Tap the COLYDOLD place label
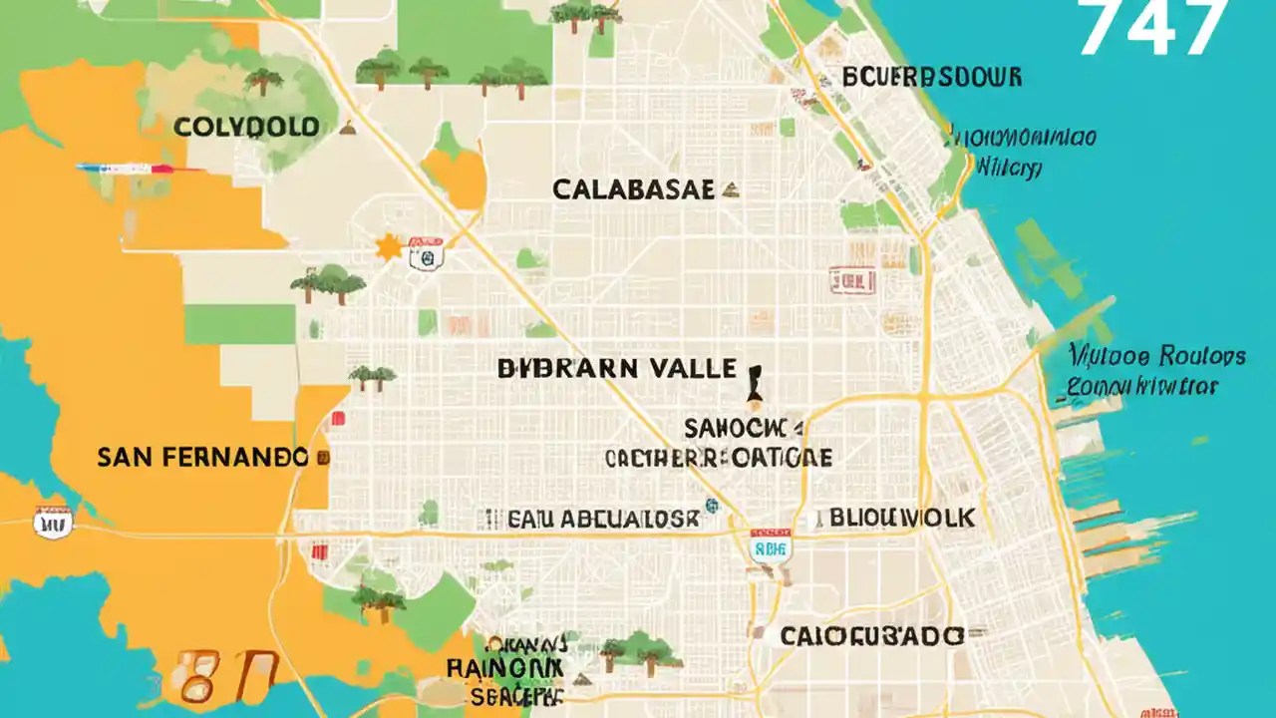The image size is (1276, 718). (246, 128)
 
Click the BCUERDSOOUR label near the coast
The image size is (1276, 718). (931, 78)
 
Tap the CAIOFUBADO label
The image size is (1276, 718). (870, 636)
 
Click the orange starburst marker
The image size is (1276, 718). (387, 247)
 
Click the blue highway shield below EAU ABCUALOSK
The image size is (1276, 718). (769, 545)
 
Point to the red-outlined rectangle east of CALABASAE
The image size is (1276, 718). (850, 281)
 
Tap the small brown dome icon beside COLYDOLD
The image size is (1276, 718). (347, 128)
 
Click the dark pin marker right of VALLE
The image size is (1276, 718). (756, 385)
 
